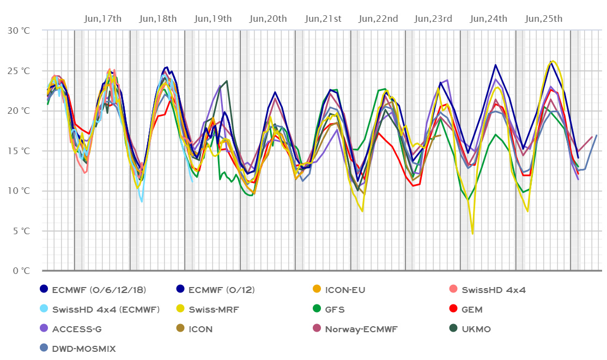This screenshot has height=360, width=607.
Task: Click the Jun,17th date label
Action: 104,19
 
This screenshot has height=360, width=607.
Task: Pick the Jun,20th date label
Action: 268,19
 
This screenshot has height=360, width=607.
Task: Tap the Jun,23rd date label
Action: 434,19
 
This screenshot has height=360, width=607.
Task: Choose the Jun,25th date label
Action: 544,19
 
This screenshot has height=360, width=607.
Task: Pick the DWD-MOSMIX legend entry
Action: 84,349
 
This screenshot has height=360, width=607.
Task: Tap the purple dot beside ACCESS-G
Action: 44,329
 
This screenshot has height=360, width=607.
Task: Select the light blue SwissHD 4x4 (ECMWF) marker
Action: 44,309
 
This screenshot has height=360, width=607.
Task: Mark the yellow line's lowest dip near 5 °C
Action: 473,234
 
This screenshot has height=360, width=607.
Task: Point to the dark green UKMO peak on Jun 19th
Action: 227,81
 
